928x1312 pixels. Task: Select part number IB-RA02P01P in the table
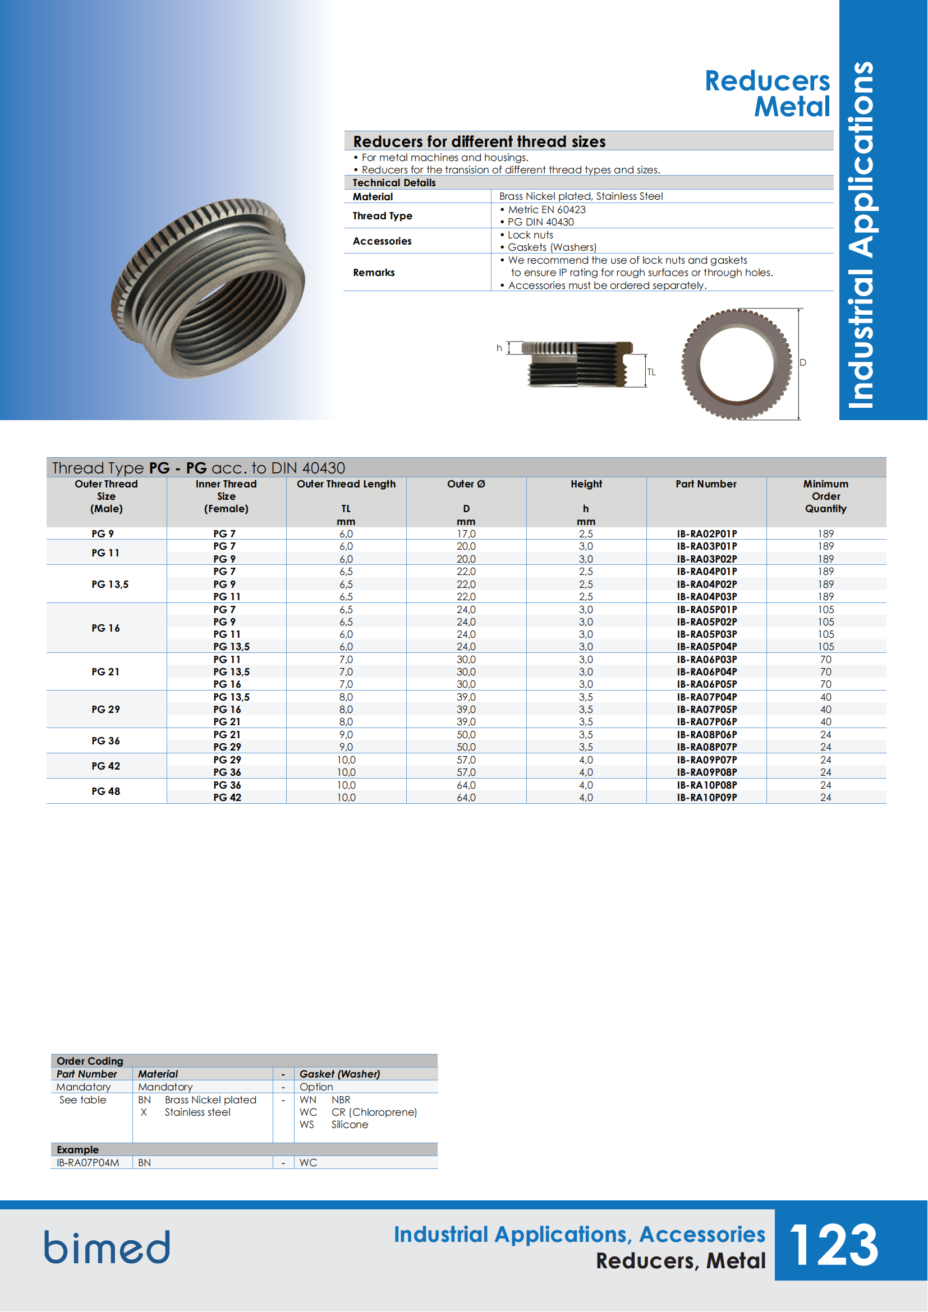[707, 533]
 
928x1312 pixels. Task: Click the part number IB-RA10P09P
[707, 797]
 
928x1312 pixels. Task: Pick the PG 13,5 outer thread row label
[110, 584]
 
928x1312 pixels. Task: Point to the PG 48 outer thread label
[105, 791]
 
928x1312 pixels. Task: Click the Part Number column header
[706, 484]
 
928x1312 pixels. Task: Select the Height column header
[586, 484]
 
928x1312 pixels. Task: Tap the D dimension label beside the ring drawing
[803, 362]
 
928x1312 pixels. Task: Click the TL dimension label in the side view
[651, 372]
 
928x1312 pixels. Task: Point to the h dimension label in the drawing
[499, 348]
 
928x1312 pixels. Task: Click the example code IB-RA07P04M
[88, 1162]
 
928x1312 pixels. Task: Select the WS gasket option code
[307, 1125]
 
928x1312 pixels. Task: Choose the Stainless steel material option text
[197, 1112]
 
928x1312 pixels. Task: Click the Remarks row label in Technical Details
[374, 273]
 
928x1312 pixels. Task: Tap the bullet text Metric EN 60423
[546, 210]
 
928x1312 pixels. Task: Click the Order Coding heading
[90, 1061]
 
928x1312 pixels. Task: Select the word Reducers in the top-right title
[767, 81]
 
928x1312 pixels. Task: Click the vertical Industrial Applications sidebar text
[862, 234]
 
